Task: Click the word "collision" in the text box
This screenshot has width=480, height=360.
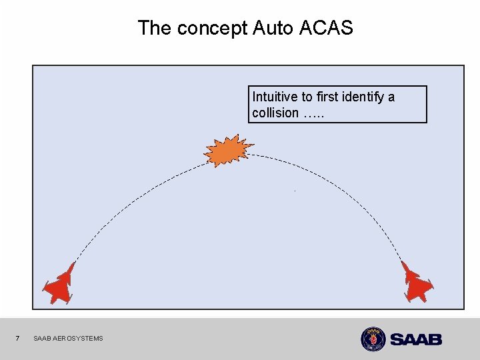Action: pyautogui.click(x=275, y=113)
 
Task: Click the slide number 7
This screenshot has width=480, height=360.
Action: pyautogui.click(x=18, y=339)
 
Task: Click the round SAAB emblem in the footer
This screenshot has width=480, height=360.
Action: pyautogui.click(x=373, y=339)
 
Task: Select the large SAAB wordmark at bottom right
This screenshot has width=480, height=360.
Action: pyautogui.click(x=415, y=339)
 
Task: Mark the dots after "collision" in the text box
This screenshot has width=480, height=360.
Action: pyautogui.click(x=313, y=115)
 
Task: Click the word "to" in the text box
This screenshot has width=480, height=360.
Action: pyautogui.click(x=308, y=97)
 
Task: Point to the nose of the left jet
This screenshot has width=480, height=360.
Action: pyautogui.click(x=72, y=264)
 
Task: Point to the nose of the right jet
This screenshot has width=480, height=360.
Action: pyautogui.click(x=403, y=263)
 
